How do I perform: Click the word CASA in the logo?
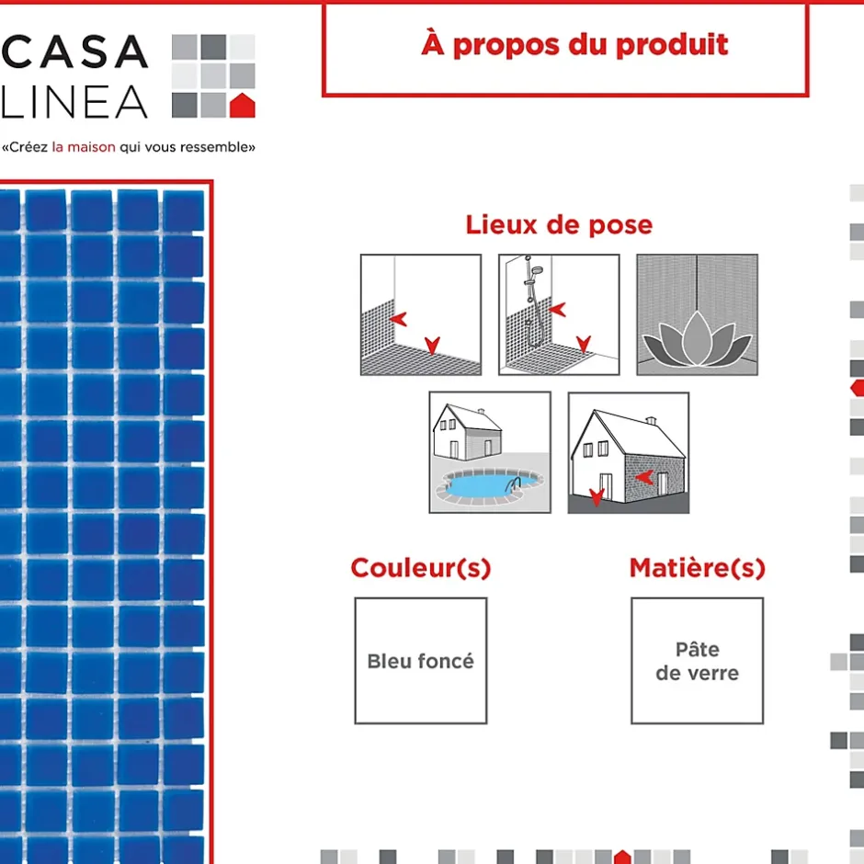[x=75, y=51]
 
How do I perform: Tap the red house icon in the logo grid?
[x=243, y=106]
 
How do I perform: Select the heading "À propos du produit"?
[x=574, y=45]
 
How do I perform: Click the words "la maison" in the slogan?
[x=84, y=147]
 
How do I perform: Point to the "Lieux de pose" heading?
[x=559, y=225]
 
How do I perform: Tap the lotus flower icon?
[x=697, y=339]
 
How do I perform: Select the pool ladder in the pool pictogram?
[x=514, y=485]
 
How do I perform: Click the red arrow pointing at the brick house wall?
[x=644, y=477]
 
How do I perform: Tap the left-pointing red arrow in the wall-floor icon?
[x=398, y=319]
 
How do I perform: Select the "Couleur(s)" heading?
[x=421, y=568]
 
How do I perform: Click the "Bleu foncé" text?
[x=421, y=661]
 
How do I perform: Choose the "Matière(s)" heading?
[x=698, y=568]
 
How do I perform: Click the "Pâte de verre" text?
[x=698, y=661]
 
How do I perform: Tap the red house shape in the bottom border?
[x=622, y=857]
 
